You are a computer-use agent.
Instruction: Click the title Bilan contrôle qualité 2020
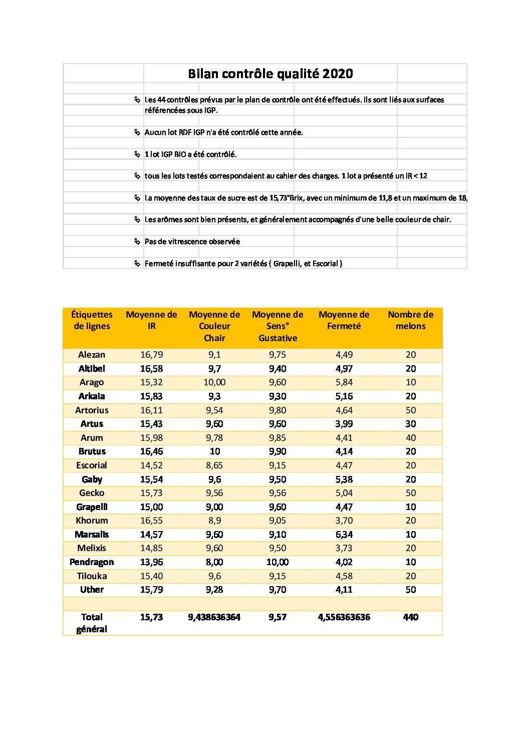click(270, 74)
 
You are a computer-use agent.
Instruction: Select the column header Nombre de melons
click(410, 320)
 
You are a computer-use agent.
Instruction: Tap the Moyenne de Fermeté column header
click(344, 320)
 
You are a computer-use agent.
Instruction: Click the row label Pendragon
click(92, 562)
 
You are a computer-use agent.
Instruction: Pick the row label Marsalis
click(92, 535)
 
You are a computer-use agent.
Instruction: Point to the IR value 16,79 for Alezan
click(151, 355)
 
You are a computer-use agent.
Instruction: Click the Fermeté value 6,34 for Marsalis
click(344, 535)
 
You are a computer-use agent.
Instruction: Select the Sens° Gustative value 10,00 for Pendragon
click(278, 562)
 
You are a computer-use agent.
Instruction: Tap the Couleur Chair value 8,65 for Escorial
click(214, 465)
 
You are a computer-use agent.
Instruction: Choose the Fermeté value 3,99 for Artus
click(344, 424)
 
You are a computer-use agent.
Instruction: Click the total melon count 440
click(410, 617)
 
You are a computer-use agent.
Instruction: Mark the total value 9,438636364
click(214, 617)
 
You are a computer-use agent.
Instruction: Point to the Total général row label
click(92, 623)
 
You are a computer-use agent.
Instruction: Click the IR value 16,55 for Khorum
click(151, 521)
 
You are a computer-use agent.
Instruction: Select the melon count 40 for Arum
click(410, 438)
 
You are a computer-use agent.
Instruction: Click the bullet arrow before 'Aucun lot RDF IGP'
click(137, 132)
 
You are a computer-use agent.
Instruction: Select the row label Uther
click(92, 590)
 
